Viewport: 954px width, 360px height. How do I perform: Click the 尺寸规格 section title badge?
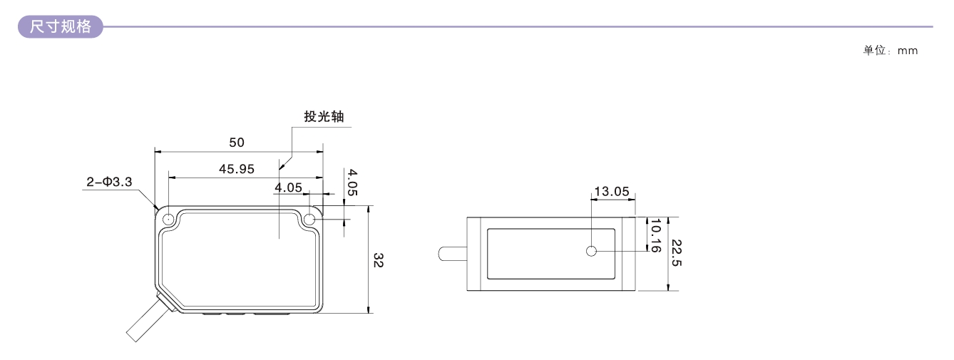(x=60, y=26)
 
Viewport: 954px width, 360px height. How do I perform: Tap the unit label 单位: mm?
(x=890, y=51)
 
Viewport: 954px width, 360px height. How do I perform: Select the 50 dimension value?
(x=237, y=143)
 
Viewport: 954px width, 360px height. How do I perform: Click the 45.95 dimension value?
(x=237, y=169)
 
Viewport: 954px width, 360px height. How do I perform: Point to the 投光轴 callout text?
(x=324, y=116)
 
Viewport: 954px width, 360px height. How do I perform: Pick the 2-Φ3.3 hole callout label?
(x=109, y=182)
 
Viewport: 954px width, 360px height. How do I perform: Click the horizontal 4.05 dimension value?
(x=288, y=187)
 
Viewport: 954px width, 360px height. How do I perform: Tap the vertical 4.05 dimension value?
(x=352, y=182)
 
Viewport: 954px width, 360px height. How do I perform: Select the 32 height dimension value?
(x=378, y=260)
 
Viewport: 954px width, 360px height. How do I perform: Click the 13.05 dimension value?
(x=612, y=191)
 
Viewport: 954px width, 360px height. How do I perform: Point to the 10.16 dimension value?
(x=655, y=235)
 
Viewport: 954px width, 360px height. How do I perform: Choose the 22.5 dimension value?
(x=677, y=253)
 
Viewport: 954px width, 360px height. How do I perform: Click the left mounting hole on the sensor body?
(x=169, y=220)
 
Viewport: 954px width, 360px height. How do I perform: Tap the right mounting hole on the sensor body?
(x=309, y=220)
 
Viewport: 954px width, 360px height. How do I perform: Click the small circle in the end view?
(x=591, y=252)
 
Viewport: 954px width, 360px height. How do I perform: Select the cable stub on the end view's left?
(x=453, y=254)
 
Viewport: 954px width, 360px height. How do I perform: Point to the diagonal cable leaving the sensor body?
(x=146, y=320)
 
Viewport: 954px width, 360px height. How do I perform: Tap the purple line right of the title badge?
(x=518, y=27)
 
